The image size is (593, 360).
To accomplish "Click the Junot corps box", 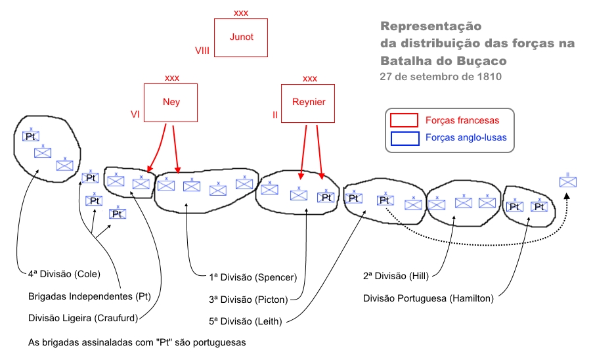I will [x=242, y=37].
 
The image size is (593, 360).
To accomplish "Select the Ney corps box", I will [x=171, y=102].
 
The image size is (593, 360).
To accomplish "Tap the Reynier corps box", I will [x=308, y=102].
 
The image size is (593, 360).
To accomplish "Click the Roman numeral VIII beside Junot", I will [x=202, y=50].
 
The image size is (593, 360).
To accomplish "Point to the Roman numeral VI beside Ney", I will [x=135, y=114].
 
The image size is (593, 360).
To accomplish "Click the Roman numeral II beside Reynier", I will [x=275, y=114].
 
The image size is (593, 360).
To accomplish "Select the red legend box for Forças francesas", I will [x=404, y=120].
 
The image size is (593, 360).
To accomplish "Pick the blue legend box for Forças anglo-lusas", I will [x=404, y=138].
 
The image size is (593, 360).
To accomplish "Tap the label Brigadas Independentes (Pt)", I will [x=90, y=296].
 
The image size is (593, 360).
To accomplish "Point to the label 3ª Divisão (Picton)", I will [x=248, y=300].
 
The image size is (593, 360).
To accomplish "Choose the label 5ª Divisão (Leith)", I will [x=245, y=322].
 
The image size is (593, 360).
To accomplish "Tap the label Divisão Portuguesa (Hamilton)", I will [x=428, y=298].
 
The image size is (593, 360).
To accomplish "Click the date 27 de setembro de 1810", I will [x=440, y=76].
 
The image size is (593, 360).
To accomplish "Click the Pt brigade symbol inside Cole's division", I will [x=31, y=136].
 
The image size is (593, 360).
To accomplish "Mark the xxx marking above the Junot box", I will [x=242, y=12].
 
